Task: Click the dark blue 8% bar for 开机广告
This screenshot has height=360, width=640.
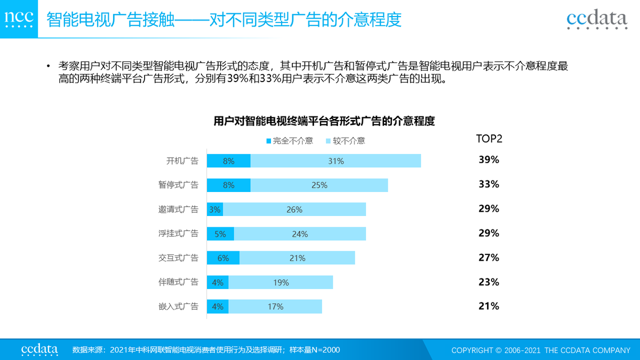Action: [x=229, y=161]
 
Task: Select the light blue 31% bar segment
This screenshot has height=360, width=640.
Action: [x=335, y=161]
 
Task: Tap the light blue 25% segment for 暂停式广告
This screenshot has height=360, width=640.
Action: [x=319, y=185]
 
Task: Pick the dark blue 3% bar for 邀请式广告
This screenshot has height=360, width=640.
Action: [x=215, y=210]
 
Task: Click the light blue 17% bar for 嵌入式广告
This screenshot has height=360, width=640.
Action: [x=275, y=307]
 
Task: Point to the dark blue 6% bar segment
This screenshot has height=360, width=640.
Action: [x=223, y=258]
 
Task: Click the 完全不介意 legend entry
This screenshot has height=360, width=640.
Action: [x=290, y=141]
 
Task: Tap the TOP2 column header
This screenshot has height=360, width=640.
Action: [x=489, y=139]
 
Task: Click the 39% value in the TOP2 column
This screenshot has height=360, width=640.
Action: [x=489, y=160]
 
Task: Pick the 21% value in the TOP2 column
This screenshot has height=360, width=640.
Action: [x=489, y=306]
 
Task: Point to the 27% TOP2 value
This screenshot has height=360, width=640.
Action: [x=489, y=258]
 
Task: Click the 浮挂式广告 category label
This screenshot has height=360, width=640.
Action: [x=178, y=234]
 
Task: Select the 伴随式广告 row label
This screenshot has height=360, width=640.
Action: [x=178, y=282]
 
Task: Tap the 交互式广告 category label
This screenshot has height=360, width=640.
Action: [x=178, y=258]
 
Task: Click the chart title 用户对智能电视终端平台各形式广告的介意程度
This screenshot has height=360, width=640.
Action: [x=324, y=121]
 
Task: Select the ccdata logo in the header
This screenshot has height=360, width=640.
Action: [x=597, y=19]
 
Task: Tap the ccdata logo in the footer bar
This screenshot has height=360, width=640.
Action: [x=39, y=349]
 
